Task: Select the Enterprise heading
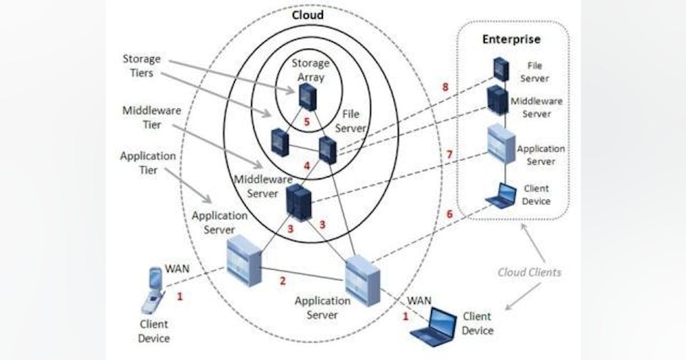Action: (511, 39)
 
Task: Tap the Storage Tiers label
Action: (141, 66)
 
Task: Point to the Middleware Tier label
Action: (143, 117)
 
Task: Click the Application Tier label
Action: (148, 162)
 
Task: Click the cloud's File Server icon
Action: (328, 150)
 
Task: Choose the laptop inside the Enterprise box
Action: (500, 195)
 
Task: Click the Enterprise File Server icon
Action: (501, 69)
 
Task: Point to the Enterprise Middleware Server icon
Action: (497, 101)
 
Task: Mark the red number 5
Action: (306, 122)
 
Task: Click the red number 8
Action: (445, 87)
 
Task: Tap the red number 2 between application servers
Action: (282, 281)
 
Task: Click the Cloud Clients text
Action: (529, 273)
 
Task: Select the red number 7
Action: (449, 155)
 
